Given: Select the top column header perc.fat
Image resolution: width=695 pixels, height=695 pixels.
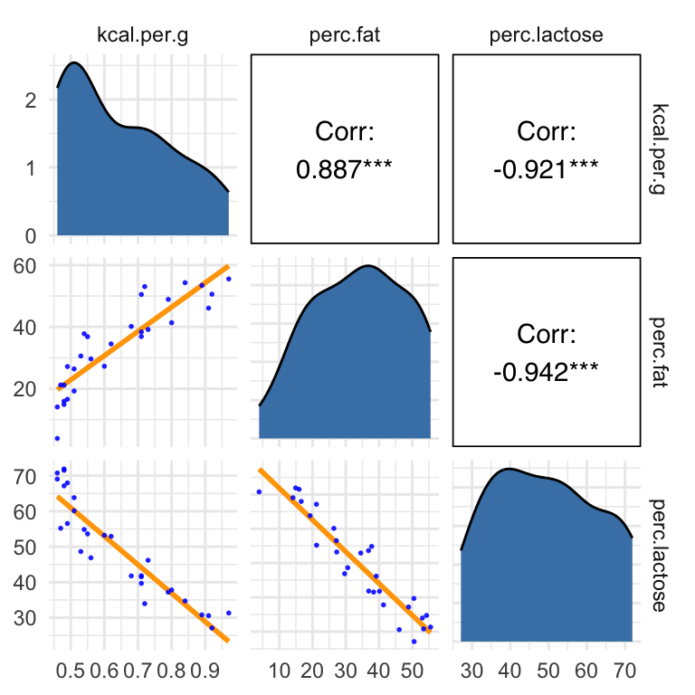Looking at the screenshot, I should (x=345, y=36).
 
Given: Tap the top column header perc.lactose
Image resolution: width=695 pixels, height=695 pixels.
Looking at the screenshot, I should (x=546, y=36).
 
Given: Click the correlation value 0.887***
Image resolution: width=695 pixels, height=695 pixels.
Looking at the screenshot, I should (x=345, y=169).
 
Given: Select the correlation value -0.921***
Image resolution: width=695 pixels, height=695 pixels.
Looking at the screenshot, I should (x=547, y=169).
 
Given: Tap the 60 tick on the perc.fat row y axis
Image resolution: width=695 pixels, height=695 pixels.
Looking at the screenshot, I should (x=26, y=266).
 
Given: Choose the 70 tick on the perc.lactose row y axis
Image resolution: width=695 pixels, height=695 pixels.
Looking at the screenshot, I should (x=26, y=476).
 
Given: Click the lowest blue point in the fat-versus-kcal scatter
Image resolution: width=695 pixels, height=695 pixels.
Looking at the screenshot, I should (x=57, y=438).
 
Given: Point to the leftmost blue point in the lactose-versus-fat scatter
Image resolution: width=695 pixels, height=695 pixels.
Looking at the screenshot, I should (x=259, y=491).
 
